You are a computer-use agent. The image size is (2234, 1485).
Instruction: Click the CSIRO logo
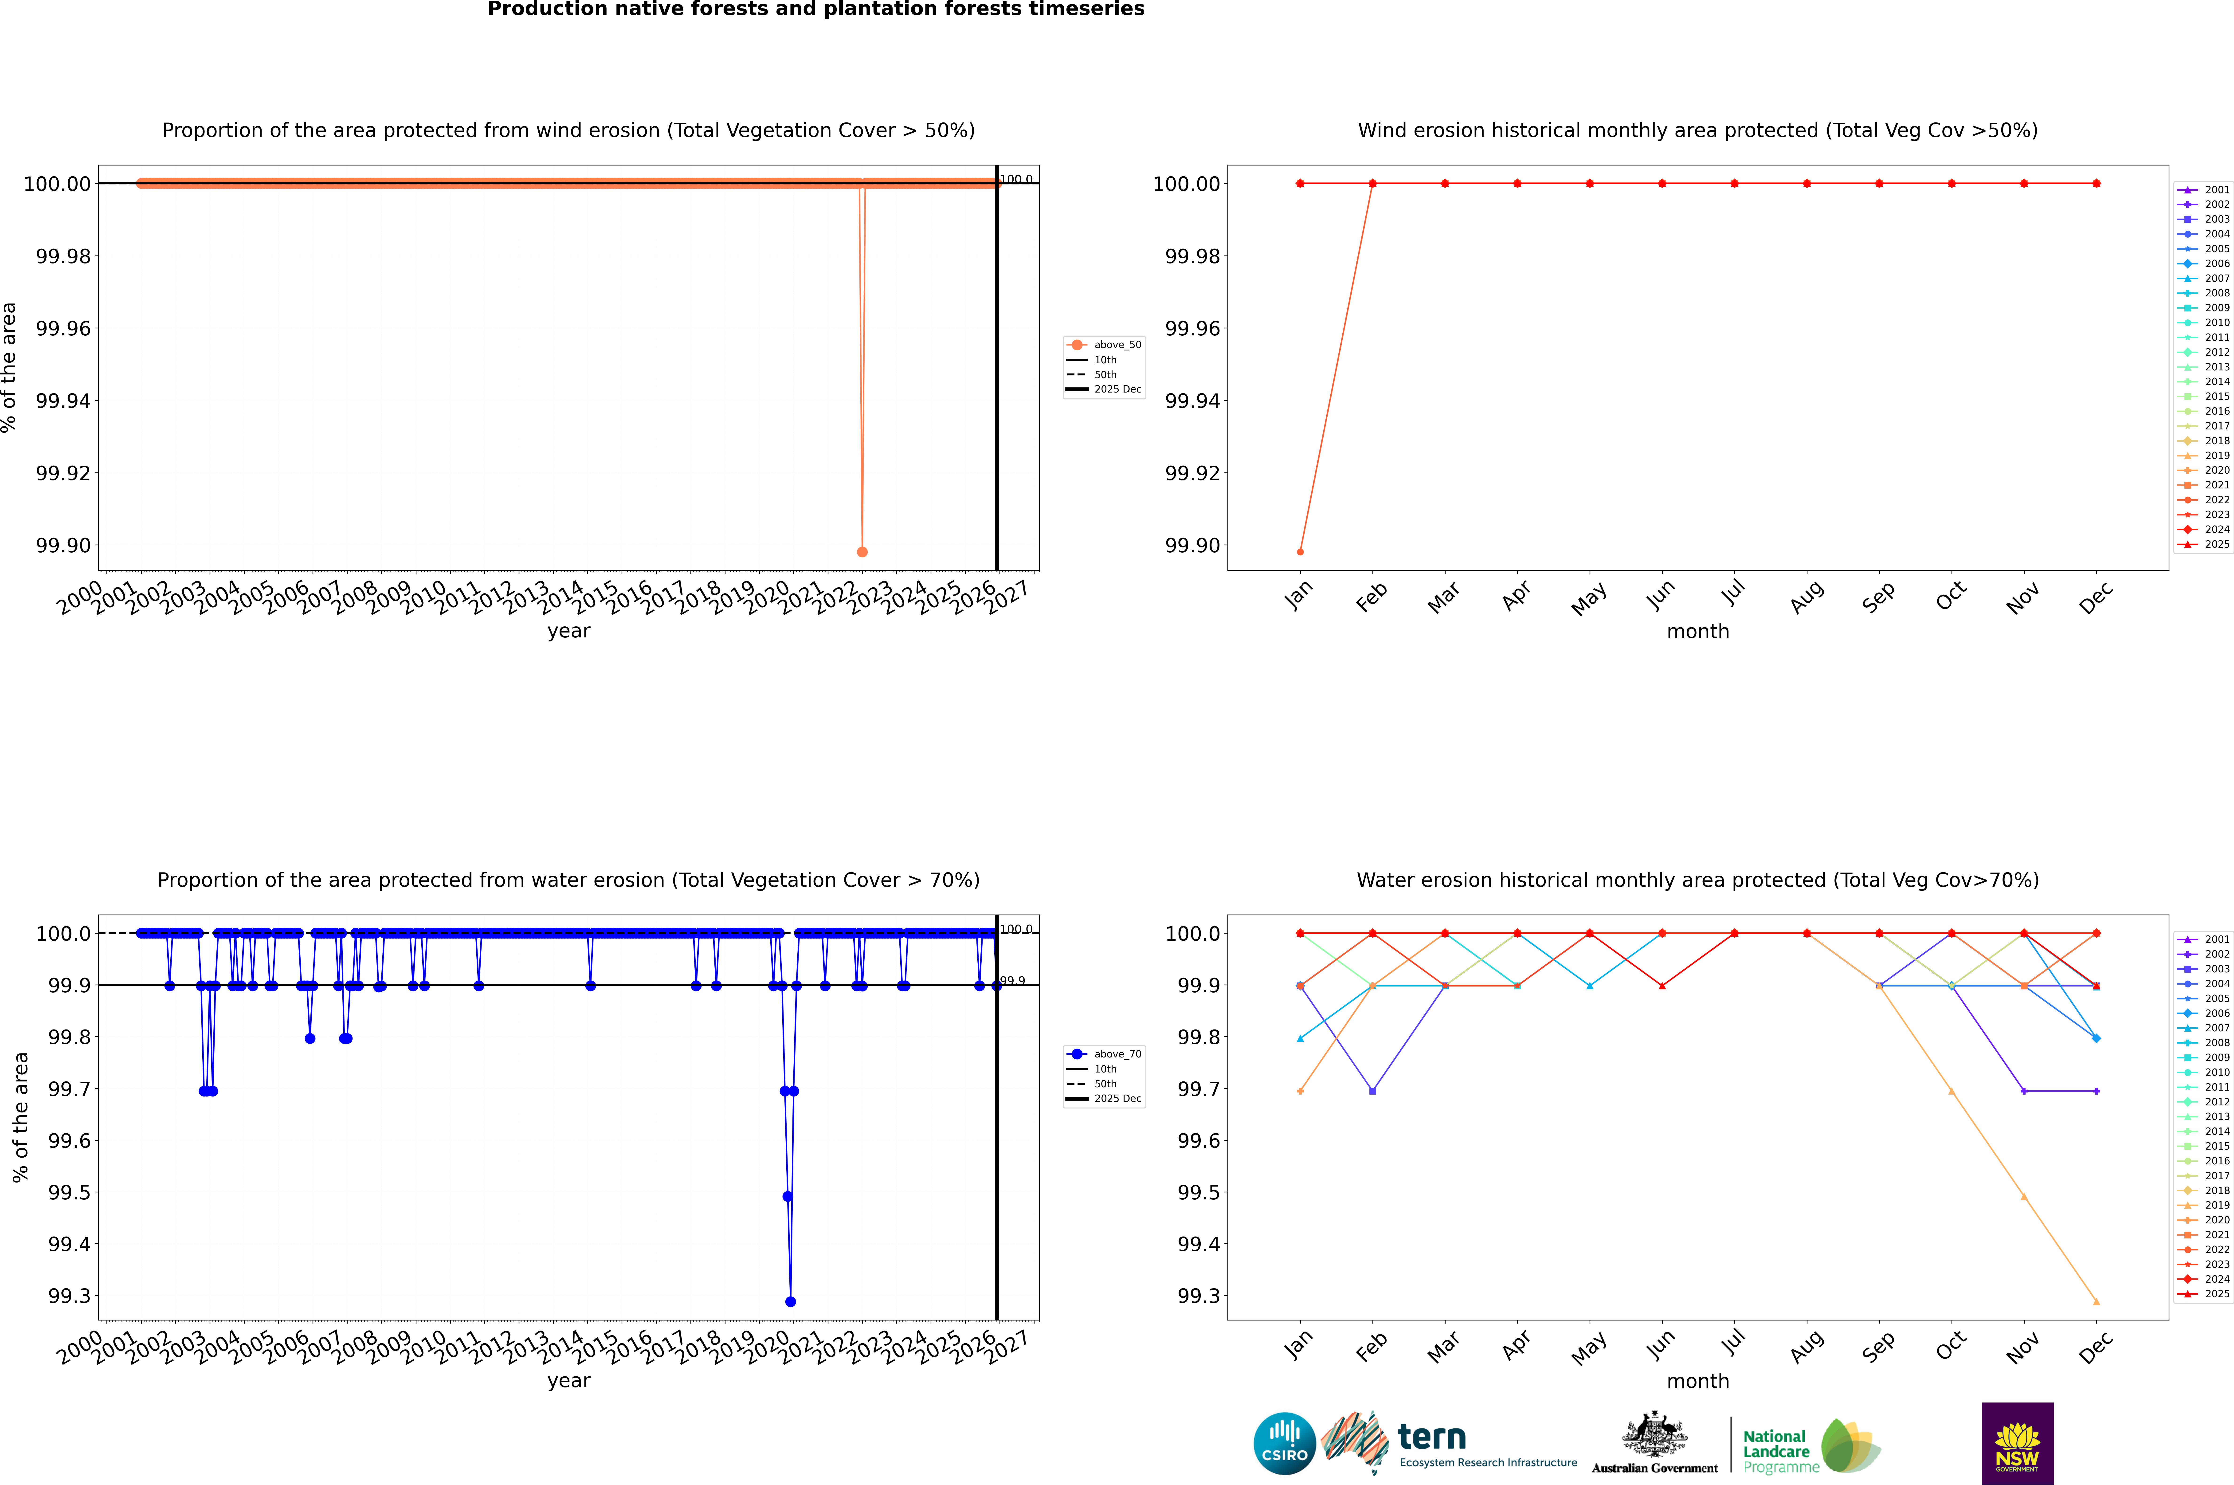[1284, 1443]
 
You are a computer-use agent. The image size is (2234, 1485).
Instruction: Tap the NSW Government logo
[2017, 1443]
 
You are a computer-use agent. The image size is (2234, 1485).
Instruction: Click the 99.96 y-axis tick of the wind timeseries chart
[63, 329]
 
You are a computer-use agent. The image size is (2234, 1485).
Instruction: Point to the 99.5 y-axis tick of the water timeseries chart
[70, 1192]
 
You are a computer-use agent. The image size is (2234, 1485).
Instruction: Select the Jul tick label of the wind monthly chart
[1733, 593]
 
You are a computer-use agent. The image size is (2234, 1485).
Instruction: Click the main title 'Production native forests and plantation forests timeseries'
[815, 9]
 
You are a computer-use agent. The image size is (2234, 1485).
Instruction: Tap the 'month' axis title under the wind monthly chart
[1698, 632]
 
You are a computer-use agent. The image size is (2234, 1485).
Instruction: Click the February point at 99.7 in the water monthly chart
[1372, 1091]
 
